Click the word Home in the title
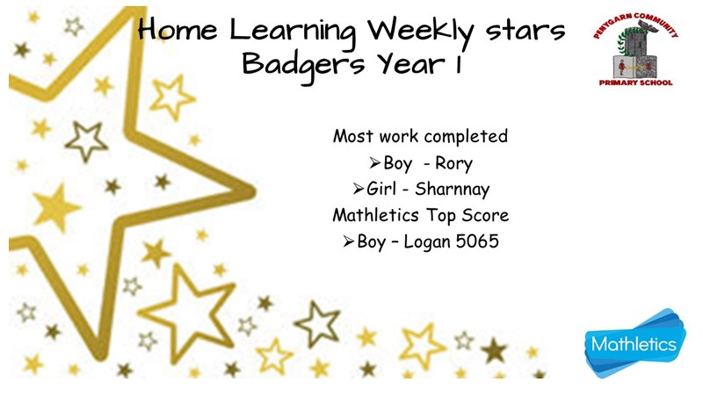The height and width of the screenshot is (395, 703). (x=178, y=30)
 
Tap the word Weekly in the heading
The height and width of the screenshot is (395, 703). (x=421, y=32)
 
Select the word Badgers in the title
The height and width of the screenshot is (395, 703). (x=303, y=65)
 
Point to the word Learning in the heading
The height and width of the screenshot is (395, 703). (x=293, y=32)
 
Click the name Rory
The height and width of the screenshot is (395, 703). (x=453, y=163)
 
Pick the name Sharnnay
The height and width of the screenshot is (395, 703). (x=452, y=189)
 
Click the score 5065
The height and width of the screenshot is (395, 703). (x=477, y=241)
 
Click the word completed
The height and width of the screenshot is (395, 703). (x=466, y=137)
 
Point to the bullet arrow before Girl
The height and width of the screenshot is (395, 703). (x=358, y=189)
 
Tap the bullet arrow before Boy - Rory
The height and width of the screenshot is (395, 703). (x=375, y=163)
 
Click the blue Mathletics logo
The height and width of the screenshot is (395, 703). (x=634, y=342)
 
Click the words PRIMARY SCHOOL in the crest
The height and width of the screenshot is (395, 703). (x=635, y=83)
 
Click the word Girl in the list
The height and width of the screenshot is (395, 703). (x=381, y=189)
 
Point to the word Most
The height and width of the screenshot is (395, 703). (x=354, y=136)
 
